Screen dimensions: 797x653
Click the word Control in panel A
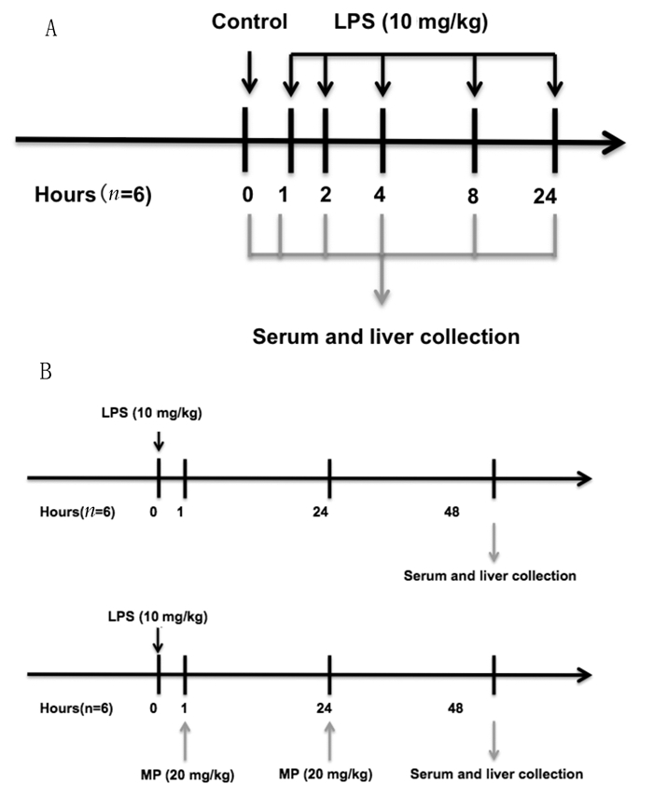pos(249,21)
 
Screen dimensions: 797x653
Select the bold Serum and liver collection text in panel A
pos(386,336)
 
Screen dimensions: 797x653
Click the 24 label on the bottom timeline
pos(328,708)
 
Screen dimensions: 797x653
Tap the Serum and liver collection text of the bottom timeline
pos(496,774)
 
